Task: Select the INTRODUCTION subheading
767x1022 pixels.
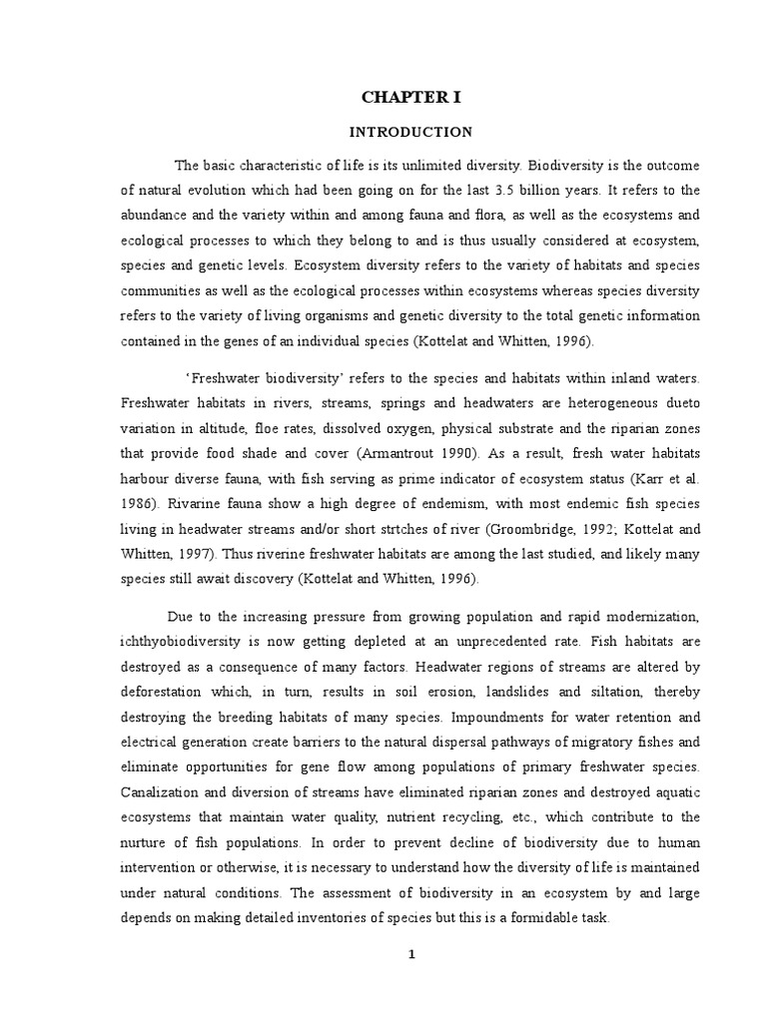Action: pos(409,132)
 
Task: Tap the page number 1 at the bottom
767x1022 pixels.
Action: pos(410,954)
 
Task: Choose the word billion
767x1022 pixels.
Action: pos(541,190)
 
